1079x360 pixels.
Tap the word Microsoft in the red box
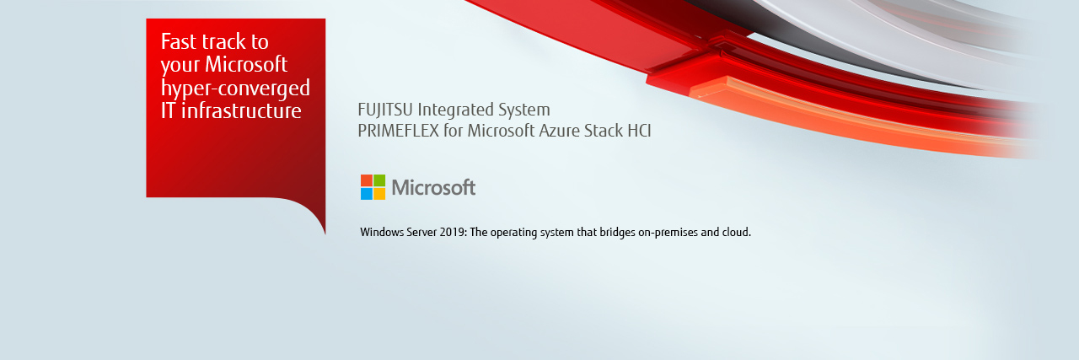click(246, 65)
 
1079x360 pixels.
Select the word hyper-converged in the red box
click(235, 89)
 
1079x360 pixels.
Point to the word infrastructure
click(241, 110)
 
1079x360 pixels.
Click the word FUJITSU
click(385, 110)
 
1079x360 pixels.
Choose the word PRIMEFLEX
click(398, 131)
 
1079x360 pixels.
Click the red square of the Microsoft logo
click(367, 180)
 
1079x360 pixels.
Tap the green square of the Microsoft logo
click(379, 180)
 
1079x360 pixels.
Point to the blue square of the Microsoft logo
click(367, 193)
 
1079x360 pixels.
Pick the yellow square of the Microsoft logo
click(379, 193)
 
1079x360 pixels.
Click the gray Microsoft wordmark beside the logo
click(433, 187)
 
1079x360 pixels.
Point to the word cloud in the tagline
click(736, 233)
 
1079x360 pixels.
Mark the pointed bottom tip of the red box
click(325, 234)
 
